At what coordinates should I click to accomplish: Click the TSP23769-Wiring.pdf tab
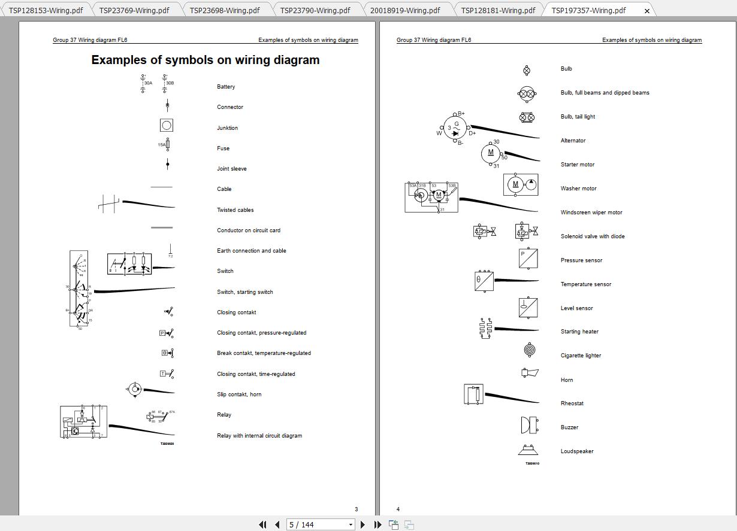(134, 10)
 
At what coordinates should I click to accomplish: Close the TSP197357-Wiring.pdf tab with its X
(647, 11)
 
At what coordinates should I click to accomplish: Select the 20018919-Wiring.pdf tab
(404, 10)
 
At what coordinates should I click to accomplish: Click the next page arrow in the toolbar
(363, 524)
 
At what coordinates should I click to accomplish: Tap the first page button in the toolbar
(262, 524)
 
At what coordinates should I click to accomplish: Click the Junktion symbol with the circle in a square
(167, 125)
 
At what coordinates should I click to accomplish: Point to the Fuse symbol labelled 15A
(167, 145)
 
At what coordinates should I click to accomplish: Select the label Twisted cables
(235, 210)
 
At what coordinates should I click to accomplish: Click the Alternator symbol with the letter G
(455, 128)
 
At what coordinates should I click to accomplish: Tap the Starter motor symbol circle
(491, 153)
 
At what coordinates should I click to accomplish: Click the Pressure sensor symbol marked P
(528, 259)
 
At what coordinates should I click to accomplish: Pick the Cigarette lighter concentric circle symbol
(528, 350)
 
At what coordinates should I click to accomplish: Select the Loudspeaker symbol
(528, 450)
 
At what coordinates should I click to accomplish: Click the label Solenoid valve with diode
(592, 236)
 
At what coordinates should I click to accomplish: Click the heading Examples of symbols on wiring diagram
(205, 60)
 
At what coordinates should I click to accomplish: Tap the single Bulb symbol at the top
(527, 71)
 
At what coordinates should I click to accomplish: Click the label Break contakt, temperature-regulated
(264, 353)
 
